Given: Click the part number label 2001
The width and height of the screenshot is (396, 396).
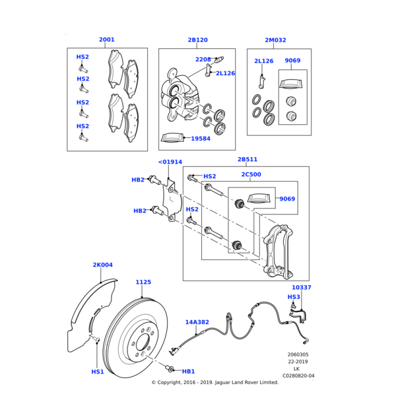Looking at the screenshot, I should tap(106, 40).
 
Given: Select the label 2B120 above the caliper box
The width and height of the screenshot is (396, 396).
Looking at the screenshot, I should tap(197, 40).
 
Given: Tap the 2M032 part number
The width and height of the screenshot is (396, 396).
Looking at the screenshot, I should tap(275, 40).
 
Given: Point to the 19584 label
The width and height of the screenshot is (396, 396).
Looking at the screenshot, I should tap(201, 139).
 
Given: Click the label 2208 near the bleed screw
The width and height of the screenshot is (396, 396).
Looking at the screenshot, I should tap(203, 59).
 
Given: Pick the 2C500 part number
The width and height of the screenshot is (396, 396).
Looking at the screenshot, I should tap(251, 175).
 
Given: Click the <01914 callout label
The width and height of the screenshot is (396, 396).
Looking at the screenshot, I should tap(170, 162).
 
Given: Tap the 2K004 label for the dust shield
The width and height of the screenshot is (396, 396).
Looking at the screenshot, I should tap(102, 265).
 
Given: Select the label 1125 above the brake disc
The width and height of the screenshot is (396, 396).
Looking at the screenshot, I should tap(143, 282).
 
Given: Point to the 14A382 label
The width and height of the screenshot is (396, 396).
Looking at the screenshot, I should tap(197, 322).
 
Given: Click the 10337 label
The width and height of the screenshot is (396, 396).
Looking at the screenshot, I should tap(302, 288).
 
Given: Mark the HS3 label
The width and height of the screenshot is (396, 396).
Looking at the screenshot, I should tap(294, 297).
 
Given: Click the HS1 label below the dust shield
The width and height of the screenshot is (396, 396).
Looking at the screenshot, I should tap(98, 372).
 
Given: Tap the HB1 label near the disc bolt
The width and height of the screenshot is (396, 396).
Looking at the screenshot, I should tap(188, 372).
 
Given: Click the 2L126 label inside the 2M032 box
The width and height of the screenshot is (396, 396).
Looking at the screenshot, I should tap(263, 61).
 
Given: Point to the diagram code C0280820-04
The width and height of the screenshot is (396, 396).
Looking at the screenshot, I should tap(298, 376).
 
